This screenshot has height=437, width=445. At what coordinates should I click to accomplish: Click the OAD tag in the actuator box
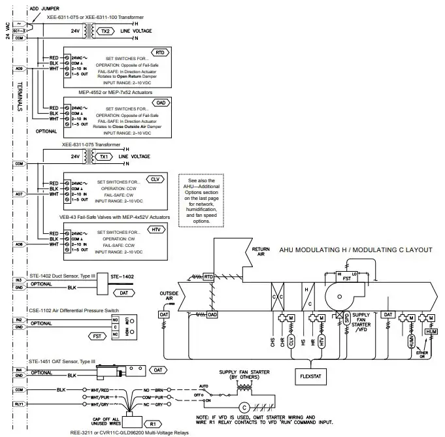tap(160, 102)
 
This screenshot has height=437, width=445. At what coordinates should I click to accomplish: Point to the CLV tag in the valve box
tap(155, 178)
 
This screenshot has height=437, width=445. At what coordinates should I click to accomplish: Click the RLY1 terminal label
tap(18, 404)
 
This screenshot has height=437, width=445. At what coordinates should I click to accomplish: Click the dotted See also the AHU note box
tap(206, 201)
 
